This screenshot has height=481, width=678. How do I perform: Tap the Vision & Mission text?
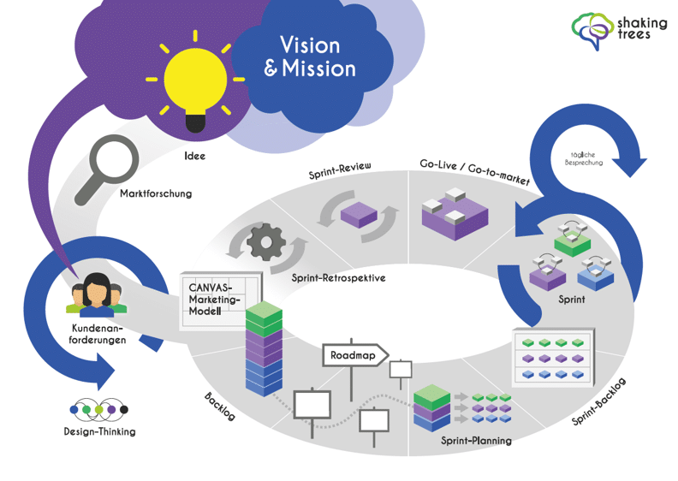coord(310,56)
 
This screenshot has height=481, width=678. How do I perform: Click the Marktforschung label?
coord(156,194)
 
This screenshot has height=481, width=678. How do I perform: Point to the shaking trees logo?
coord(613,29)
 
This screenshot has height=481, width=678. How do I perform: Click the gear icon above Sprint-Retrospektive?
coord(265,241)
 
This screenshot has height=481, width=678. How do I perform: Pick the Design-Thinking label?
coord(99,431)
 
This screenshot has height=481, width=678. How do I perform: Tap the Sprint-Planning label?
coord(476,441)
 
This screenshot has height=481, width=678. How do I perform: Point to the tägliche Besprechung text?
coord(585,157)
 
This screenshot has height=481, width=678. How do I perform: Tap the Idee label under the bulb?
coord(194,157)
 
